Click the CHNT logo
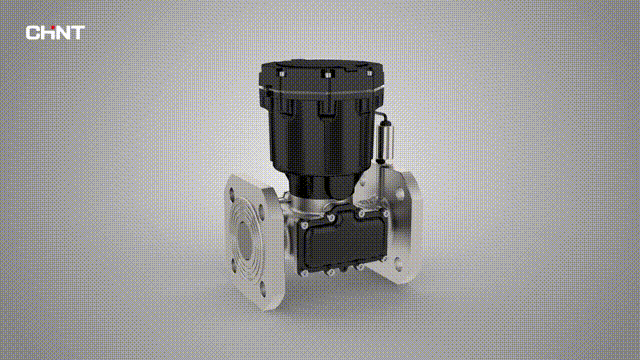coord(55,33)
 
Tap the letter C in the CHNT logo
coord(32,33)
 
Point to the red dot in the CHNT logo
coord(52,28)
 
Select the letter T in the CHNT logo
coord(77,33)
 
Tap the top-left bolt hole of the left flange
coord(232,192)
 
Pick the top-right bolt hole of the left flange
coord(261,212)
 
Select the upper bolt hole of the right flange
coord(399,194)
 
